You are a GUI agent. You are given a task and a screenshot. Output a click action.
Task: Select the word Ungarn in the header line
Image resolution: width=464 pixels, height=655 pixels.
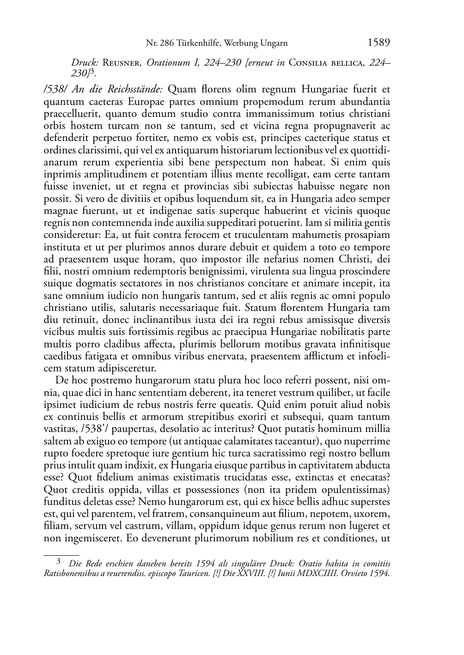[273, 43]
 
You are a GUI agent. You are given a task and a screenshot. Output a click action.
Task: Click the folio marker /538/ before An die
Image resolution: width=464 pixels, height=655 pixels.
[56, 90]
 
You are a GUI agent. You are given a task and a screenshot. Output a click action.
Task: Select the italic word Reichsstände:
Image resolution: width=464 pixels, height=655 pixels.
[137, 90]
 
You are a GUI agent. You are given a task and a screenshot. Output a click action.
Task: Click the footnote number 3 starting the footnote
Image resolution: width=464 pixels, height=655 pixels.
[58, 562]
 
